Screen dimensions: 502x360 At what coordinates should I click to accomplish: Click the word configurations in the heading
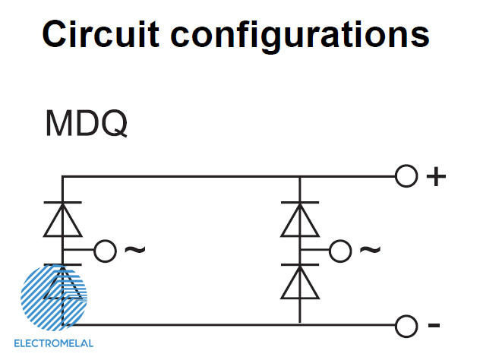300,36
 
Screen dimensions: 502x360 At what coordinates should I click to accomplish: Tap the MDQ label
86,124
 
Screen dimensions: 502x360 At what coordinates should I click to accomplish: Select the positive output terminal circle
406,176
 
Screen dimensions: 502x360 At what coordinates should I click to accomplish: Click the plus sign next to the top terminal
436,176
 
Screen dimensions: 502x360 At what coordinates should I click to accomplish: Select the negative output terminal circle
406,326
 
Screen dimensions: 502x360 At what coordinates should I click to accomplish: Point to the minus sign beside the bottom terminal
434,325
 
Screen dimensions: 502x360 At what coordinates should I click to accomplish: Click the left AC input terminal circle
105,251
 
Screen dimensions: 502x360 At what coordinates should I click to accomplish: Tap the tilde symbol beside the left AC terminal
134,250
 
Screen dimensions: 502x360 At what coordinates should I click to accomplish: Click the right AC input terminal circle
340,251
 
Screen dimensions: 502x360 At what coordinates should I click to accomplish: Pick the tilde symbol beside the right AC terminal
370,250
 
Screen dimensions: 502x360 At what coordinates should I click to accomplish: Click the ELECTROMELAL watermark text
54,343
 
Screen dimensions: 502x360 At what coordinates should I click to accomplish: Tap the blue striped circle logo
54,298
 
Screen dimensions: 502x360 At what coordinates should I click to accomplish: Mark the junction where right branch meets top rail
300,176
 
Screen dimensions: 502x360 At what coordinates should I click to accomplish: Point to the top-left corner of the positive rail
62,176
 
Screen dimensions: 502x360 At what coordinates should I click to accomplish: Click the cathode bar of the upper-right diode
300,203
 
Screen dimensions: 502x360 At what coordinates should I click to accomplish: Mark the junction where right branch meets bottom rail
300,325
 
